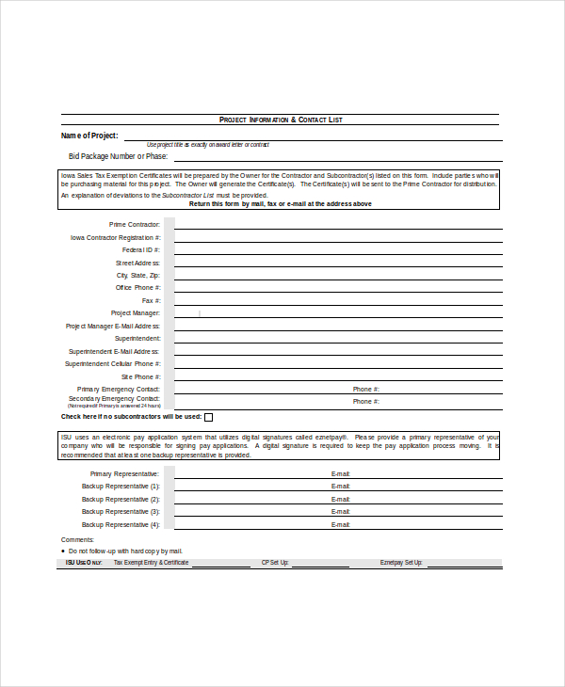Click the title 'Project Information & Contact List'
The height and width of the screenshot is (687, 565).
click(x=281, y=120)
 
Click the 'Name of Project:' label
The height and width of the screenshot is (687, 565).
click(x=89, y=136)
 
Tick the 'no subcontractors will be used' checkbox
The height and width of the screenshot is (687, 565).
click(x=208, y=417)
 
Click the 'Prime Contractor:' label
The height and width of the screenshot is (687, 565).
click(x=135, y=225)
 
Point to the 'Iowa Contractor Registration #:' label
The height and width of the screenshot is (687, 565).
click(x=115, y=238)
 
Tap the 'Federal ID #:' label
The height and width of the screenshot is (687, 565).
click(x=141, y=250)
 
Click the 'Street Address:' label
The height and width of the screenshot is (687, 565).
click(x=137, y=264)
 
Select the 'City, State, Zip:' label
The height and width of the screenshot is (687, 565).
click(x=137, y=276)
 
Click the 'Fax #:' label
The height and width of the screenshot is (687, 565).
click(x=151, y=300)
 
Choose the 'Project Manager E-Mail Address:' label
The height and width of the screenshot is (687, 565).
click(x=113, y=326)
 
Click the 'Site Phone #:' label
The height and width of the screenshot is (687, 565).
click(x=140, y=376)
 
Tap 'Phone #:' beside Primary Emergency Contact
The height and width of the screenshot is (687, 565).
click(x=365, y=389)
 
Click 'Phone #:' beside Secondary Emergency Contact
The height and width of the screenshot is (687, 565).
click(x=365, y=401)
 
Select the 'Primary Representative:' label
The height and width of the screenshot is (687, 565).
click(x=124, y=473)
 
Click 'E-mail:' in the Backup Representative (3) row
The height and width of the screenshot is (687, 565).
click(x=340, y=512)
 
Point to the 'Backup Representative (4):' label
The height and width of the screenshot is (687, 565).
click(x=121, y=524)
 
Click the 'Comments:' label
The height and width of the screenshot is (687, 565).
click(x=77, y=539)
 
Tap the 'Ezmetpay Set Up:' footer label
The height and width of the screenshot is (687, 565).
click(x=402, y=563)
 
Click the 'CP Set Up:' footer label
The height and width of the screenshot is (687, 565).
click(x=274, y=563)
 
